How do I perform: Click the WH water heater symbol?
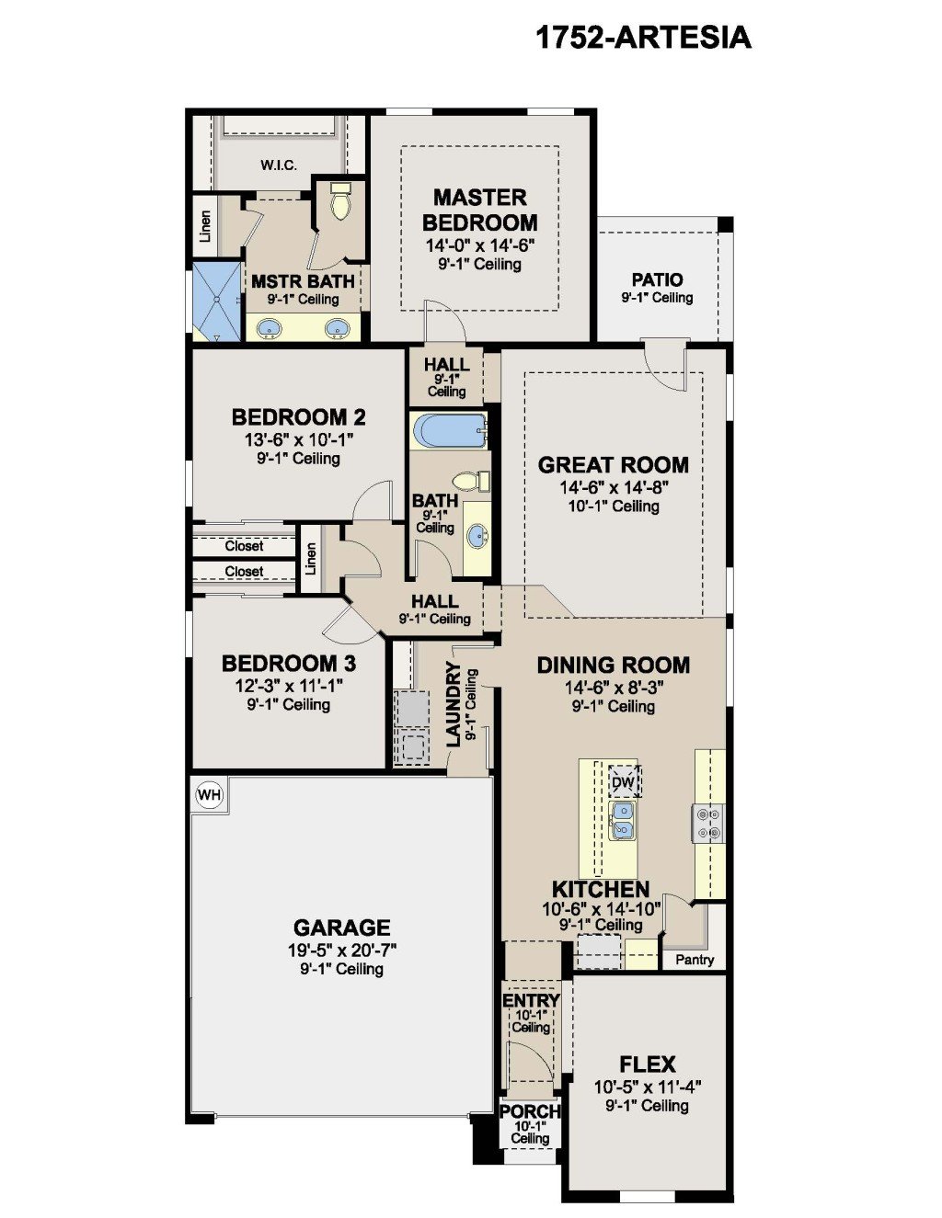210,794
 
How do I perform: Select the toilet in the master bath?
340,201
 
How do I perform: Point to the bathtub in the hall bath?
448,430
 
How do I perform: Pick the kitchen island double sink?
623,819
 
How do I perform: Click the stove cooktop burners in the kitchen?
708,824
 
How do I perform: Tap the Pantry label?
695,959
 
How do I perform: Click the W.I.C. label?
279,165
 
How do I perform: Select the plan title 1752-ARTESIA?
643,38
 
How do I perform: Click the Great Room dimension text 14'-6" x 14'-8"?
614,487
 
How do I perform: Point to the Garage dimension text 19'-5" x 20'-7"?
342,950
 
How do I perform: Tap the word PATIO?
657,279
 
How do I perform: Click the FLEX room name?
647,1064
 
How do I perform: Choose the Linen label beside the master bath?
206,226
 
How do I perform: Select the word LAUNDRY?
453,704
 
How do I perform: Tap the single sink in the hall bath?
477,532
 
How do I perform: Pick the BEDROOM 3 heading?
289,664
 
